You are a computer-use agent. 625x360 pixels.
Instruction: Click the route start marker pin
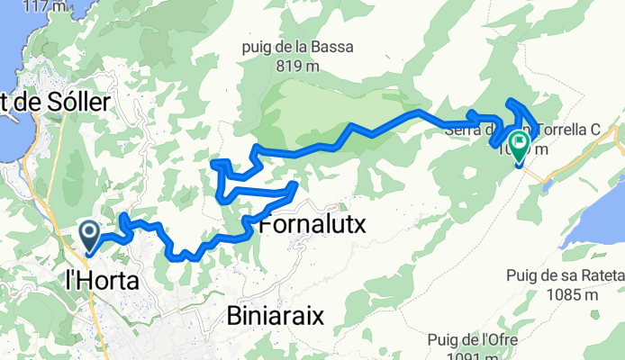tap(91, 236)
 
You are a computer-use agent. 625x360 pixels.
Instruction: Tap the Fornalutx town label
tap(312, 226)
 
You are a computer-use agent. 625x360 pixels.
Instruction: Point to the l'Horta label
tap(104, 282)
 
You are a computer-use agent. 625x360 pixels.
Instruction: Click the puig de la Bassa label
tap(298, 47)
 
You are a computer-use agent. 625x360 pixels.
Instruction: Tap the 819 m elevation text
tap(298, 65)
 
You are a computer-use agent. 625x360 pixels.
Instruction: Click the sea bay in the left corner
tap(11, 54)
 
